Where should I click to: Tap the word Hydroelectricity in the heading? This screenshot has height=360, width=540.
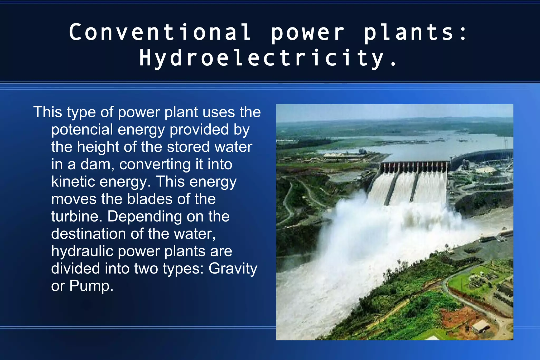[261, 58]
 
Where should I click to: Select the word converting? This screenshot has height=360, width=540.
[155, 164]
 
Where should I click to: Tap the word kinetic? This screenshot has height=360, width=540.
[73, 182]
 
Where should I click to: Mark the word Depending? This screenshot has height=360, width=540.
[145, 217]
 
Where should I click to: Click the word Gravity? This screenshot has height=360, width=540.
[233, 269]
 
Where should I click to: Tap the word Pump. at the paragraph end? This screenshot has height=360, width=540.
[91, 286]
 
